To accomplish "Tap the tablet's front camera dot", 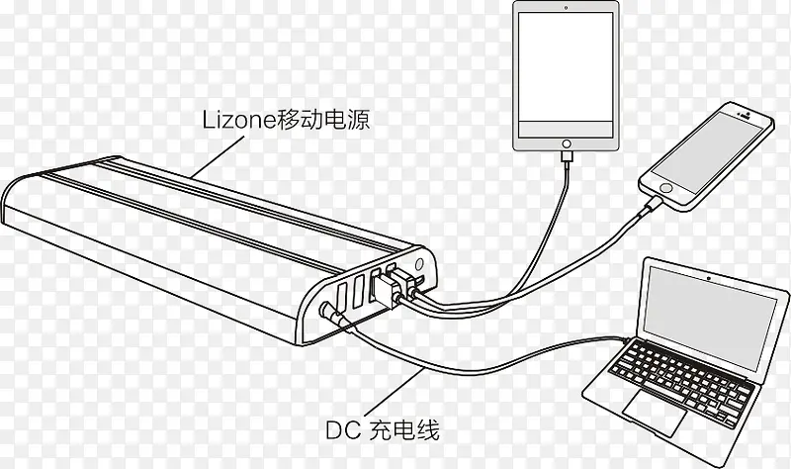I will (567, 9).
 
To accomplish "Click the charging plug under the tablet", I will (566, 157).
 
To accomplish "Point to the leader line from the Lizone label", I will (218, 158).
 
